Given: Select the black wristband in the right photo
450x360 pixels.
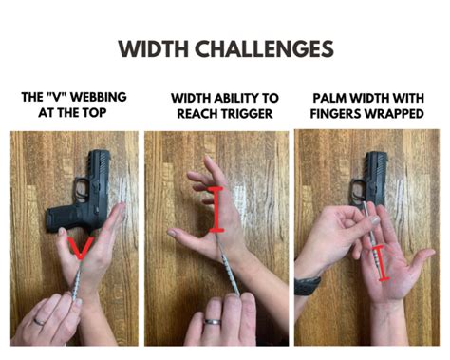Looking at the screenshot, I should [307, 284].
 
